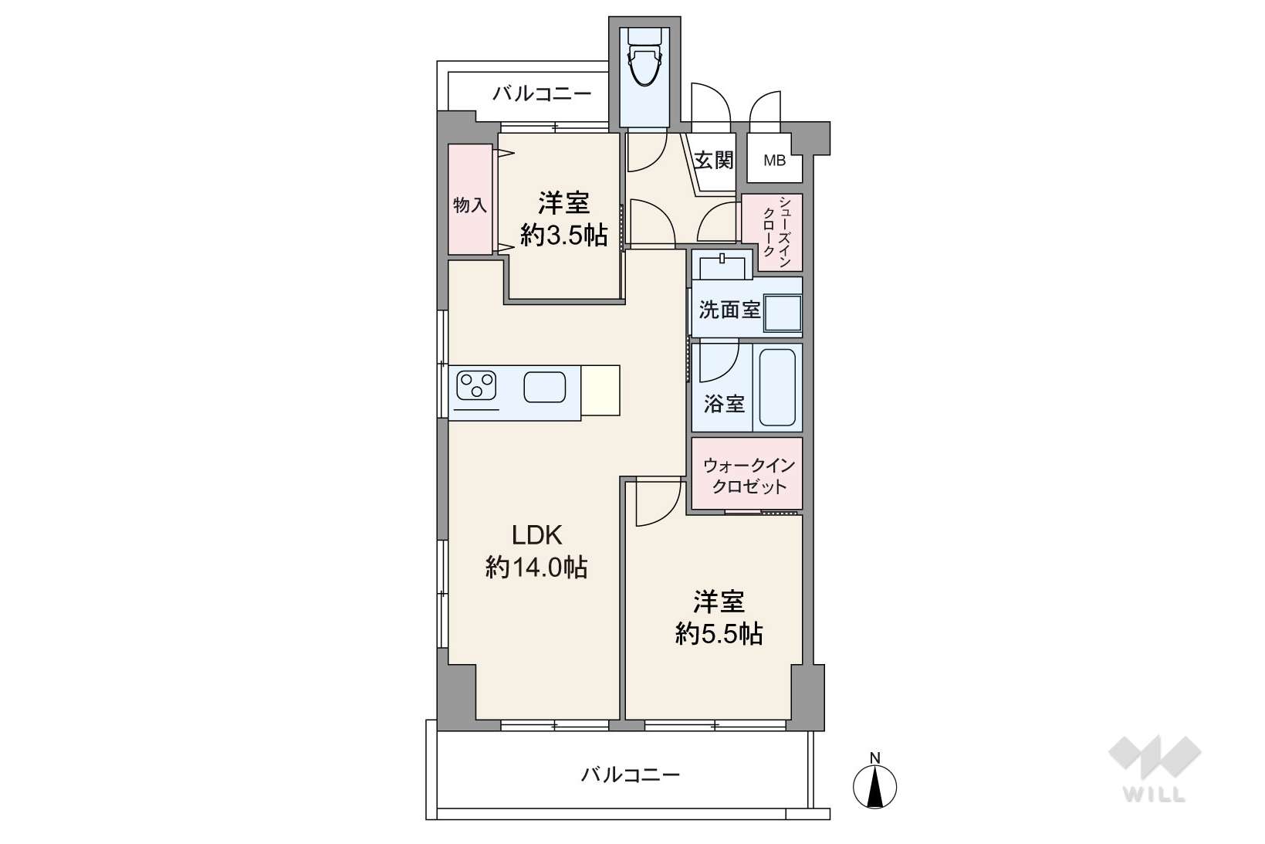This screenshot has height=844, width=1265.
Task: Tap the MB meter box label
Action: [x=774, y=161]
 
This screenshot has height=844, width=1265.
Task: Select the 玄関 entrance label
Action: [x=714, y=160]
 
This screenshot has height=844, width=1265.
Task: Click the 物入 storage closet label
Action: [x=469, y=205]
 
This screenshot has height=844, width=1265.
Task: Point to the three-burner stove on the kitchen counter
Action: [x=476, y=385]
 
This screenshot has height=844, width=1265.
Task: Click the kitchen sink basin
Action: [x=544, y=387]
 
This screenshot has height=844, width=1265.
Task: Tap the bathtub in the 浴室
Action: [x=777, y=388]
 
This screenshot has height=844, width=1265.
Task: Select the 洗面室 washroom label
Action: [x=729, y=310]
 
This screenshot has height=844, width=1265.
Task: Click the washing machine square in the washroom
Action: [x=783, y=313]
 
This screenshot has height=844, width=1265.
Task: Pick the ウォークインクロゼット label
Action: [x=749, y=476]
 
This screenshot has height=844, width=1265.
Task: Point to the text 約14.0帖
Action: [x=536, y=567]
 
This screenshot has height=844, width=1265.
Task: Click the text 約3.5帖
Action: [x=563, y=236]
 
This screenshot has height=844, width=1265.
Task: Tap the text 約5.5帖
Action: [x=719, y=634]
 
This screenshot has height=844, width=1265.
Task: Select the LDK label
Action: [x=536, y=535]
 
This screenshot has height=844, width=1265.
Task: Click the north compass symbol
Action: [x=874, y=781]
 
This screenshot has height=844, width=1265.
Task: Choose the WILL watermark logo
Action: [x=1155, y=768]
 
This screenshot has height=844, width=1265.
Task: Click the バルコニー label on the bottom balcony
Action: [x=631, y=775]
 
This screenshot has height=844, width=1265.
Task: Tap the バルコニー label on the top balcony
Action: [x=542, y=93]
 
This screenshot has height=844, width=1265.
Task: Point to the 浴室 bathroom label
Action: [x=724, y=403]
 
